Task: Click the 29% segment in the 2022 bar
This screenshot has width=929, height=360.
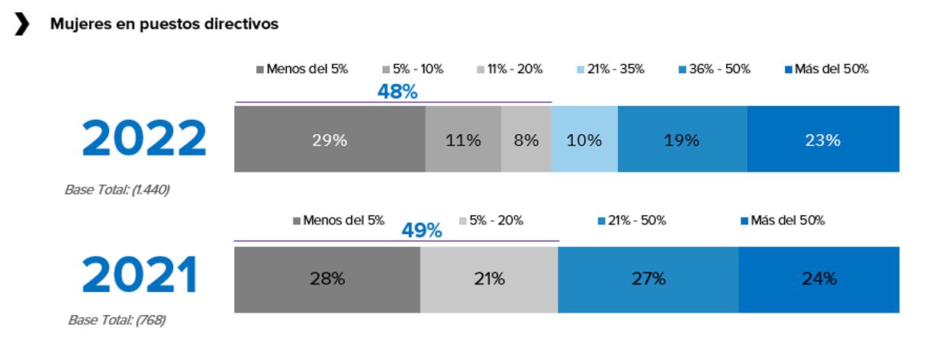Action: (329, 140)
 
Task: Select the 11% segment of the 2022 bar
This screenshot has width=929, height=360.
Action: (463, 140)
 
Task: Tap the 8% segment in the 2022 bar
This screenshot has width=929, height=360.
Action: (526, 140)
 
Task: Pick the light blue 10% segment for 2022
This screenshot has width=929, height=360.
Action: (584, 140)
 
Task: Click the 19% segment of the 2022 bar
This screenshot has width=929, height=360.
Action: (682, 140)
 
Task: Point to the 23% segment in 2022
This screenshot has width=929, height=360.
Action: (823, 140)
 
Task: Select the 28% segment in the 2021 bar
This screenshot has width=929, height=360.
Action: (327, 279)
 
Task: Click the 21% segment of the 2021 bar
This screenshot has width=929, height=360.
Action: (489, 279)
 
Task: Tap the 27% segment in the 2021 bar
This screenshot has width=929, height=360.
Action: (648, 279)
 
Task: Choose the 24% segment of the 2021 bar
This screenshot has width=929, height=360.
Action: (819, 279)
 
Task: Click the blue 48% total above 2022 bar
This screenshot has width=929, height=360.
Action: (397, 92)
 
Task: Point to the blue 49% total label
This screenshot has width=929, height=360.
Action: (422, 230)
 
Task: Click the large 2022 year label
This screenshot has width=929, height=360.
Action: (144, 140)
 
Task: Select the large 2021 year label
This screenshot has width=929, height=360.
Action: (140, 276)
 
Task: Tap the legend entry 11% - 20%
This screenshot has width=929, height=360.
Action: (510, 69)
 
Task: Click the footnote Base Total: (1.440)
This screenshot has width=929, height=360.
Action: (117, 190)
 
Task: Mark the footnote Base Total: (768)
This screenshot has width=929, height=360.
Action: (117, 320)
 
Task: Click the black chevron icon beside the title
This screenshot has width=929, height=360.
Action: (22, 24)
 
